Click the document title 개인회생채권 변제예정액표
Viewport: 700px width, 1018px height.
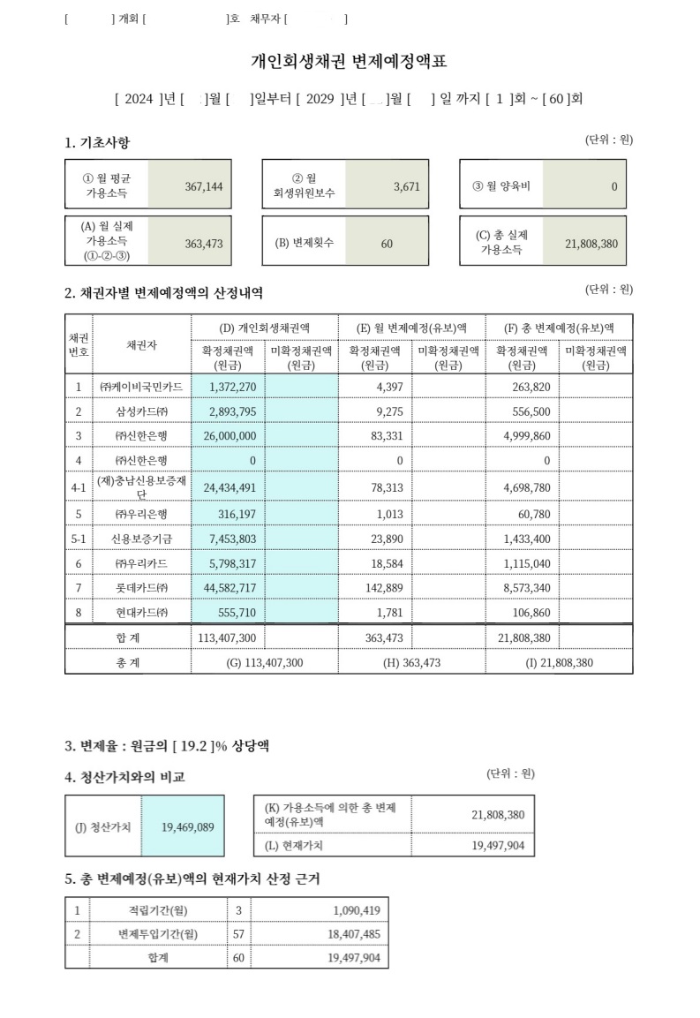(350, 61)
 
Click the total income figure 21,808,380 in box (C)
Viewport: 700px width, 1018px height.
(591, 243)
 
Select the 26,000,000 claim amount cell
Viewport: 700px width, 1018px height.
(228, 436)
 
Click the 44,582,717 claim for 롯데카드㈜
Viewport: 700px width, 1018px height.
(228, 587)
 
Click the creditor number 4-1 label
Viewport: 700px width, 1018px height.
(78, 486)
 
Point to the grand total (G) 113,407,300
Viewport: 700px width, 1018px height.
(265, 662)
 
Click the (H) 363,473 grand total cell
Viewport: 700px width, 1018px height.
(411, 662)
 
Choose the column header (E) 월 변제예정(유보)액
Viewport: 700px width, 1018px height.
(411, 328)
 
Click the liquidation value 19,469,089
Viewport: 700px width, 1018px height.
(187, 827)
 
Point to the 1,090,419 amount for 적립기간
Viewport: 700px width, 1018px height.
(357, 909)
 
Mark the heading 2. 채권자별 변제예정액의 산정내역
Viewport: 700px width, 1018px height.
(163, 293)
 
